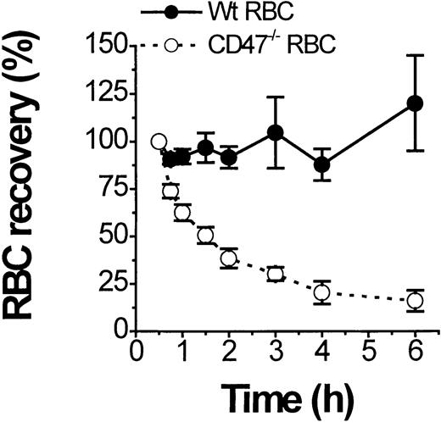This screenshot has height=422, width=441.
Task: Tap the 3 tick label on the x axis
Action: pos(275,351)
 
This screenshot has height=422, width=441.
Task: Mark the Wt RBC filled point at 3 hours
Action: pos(275,133)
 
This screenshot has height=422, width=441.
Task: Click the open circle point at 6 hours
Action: pos(415,300)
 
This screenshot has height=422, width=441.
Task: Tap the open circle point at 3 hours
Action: pos(275,274)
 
